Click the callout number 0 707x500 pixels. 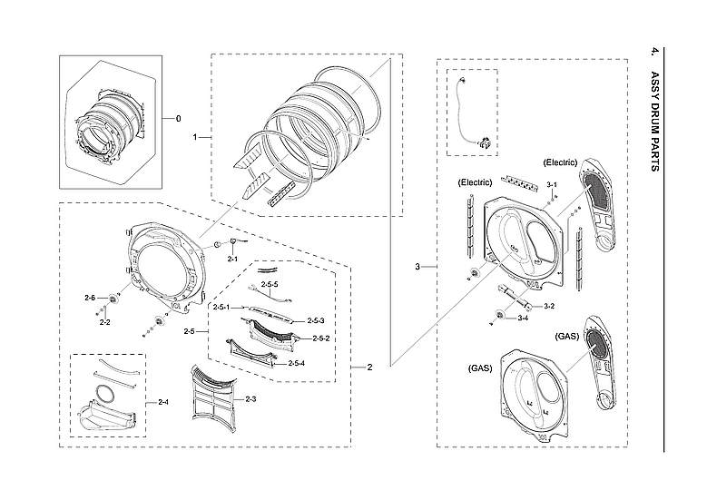178,119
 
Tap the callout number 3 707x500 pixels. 417,267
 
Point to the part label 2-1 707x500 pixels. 231,260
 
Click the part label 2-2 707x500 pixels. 104,322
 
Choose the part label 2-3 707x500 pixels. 250,398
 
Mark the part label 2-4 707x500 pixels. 163,401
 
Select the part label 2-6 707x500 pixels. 89,298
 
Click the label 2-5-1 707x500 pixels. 221,308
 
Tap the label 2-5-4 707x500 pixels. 296,363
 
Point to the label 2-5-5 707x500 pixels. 270,285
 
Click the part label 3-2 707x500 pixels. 548,306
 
